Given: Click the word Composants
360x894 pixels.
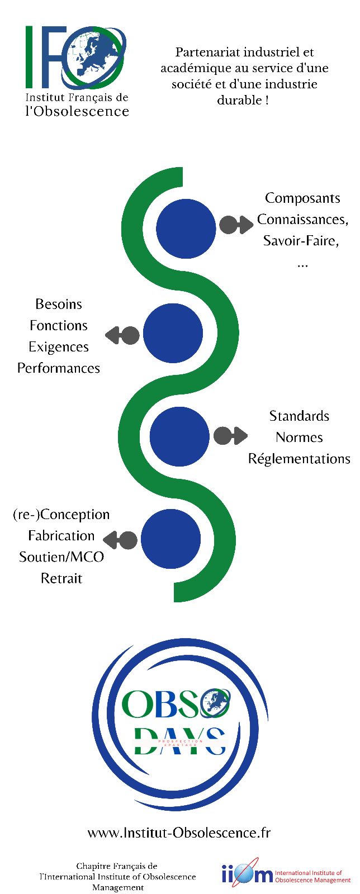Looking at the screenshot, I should [x=302, y=198].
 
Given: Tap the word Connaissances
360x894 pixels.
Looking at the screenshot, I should [x=302, y=220].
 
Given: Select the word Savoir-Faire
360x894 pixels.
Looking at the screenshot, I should [x=301, y=241].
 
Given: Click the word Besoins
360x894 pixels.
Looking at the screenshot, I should [x=59, y=305].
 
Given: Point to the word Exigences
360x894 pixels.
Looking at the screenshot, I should [x=59, y=347].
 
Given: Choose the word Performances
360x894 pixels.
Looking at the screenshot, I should [x=59, y=368].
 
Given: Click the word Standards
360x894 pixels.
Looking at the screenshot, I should [x=299, y=416].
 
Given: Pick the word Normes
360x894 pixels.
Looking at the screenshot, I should [x=299, y=438].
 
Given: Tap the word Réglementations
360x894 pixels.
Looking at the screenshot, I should [x=299, y=459].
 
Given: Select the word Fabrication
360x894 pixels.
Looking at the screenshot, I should [x=61, y=536].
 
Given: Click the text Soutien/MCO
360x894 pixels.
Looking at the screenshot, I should [x=61, y=557].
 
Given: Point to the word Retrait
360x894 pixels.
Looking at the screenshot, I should [x=61, y=578].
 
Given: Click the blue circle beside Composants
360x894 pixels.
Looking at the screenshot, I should [x=186, y=229].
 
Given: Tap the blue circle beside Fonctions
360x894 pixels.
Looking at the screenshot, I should [x=173, y=333].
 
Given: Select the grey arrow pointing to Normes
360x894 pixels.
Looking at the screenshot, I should [x=230, y=436].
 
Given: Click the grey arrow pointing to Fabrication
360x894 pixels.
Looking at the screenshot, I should [x=120, y=540].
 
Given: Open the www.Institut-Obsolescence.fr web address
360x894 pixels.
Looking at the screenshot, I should [x=179, y=833].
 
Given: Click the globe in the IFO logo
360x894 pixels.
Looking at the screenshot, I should [x=93, y=56].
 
